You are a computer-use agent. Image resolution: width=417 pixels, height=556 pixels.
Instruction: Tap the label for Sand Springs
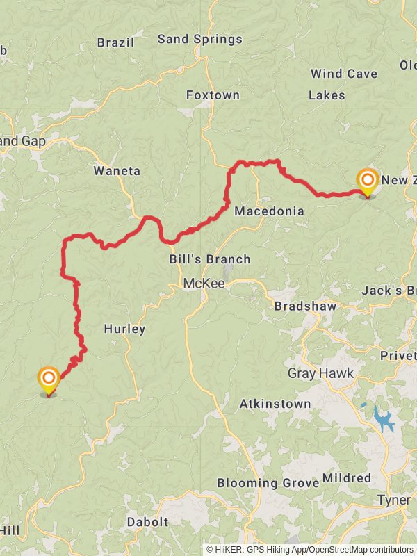200,39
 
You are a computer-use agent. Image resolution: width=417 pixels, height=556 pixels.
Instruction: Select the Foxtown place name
213,95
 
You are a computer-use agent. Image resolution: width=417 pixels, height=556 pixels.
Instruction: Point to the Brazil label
115,42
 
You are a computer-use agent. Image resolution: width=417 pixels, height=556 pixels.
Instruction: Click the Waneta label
117,171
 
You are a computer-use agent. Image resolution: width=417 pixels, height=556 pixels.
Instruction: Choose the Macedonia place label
269,211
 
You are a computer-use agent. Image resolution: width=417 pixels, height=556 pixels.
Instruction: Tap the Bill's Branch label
209,259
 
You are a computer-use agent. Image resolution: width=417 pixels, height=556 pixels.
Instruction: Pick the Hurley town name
124,329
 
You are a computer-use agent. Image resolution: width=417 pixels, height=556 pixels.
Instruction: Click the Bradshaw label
305,306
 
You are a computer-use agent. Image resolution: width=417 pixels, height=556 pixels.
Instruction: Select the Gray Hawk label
320,374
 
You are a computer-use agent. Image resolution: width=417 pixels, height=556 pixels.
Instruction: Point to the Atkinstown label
275,403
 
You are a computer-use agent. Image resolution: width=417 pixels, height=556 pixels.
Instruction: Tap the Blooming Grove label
268,482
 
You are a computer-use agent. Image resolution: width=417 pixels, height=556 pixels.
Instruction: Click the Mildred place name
347,478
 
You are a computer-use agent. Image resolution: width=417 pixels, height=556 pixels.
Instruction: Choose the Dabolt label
147,522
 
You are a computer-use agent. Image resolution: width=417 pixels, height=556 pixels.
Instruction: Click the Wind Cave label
344,74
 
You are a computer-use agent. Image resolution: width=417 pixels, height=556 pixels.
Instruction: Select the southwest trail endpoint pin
48,380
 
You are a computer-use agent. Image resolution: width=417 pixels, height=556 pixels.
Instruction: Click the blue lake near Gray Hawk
383,419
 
